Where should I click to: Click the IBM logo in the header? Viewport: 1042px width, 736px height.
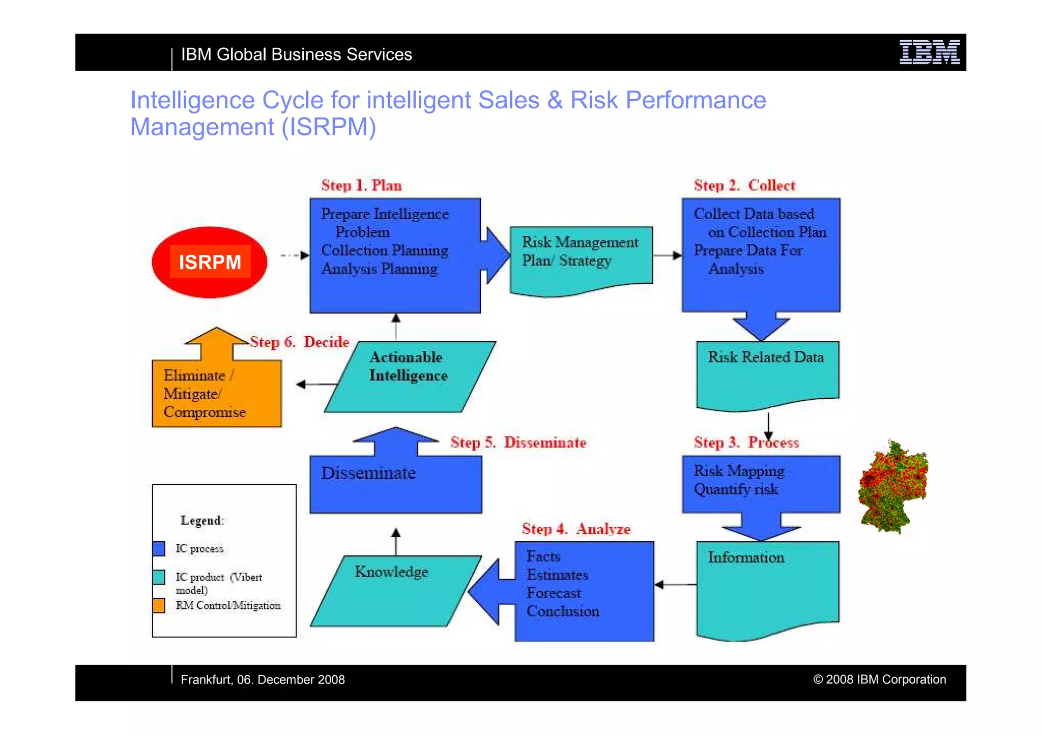click(x=929, y=52)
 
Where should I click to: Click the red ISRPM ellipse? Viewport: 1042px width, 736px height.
click(x=209, y=262)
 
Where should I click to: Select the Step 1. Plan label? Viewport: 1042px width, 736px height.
click(x=361, y=185)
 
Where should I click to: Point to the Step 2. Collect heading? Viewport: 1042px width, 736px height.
click(x=744, y=185)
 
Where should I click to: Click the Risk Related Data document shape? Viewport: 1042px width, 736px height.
click(x=767, y=374)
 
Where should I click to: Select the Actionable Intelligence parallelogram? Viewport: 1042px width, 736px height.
click(x=410, y=376)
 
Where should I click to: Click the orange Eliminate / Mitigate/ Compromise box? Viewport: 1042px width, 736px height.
click(x=216, y=393)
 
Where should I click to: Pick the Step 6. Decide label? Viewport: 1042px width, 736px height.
click(x=299, y=342)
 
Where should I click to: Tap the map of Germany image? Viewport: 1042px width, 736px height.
click(x=893, y=487)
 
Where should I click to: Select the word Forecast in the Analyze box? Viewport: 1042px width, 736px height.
click(x=553, y=593)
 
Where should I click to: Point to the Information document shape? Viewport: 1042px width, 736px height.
click(x=767, y=587)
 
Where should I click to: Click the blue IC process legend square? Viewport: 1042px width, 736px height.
click(x=159, y=548)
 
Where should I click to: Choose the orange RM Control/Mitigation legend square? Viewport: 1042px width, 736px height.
click(x=159, y=605)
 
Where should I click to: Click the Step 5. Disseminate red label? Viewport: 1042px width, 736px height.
click(x=518, y=443)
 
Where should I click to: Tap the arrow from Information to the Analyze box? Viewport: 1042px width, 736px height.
click(x=675, y=584)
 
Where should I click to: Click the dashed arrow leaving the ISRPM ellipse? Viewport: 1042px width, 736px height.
click(x=295, y=255)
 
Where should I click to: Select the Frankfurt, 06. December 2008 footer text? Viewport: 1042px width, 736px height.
click(x=263, y=680)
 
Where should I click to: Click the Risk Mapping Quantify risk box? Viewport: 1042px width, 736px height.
click(x=761, y=483)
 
